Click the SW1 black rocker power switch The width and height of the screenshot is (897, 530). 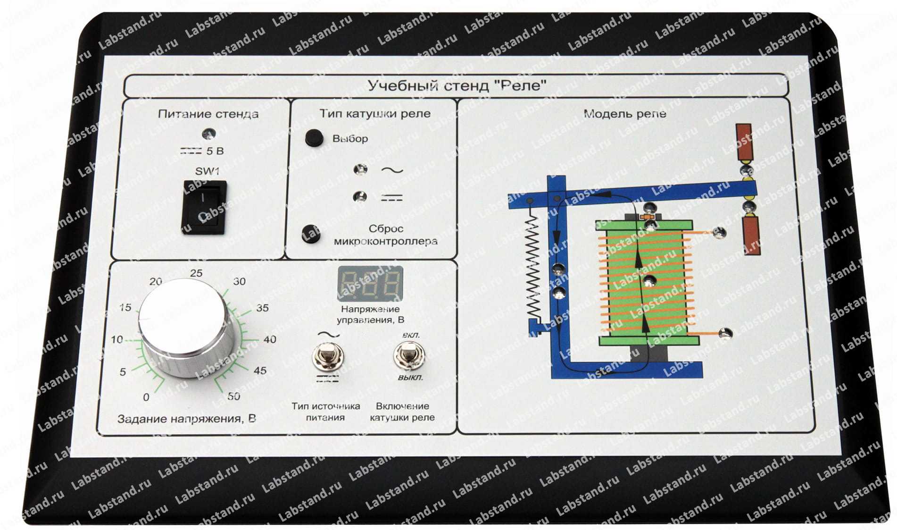(204, 207)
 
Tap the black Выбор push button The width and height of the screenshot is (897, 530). (314, 137)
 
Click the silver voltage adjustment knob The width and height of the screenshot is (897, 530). (183, 328)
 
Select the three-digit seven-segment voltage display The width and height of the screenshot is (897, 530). (370, 284)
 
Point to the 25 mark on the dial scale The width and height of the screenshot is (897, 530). (196, 273)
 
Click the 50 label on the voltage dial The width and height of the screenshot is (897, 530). (233, 396)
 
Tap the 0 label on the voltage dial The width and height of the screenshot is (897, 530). (146, 397)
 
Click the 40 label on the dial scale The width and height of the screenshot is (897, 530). (270, 339)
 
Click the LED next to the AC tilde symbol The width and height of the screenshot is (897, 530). (361, 169)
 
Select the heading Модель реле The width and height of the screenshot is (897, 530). (625, 113)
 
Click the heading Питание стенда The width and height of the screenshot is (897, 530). (208, 114)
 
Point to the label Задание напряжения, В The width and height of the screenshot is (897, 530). (187, 419)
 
